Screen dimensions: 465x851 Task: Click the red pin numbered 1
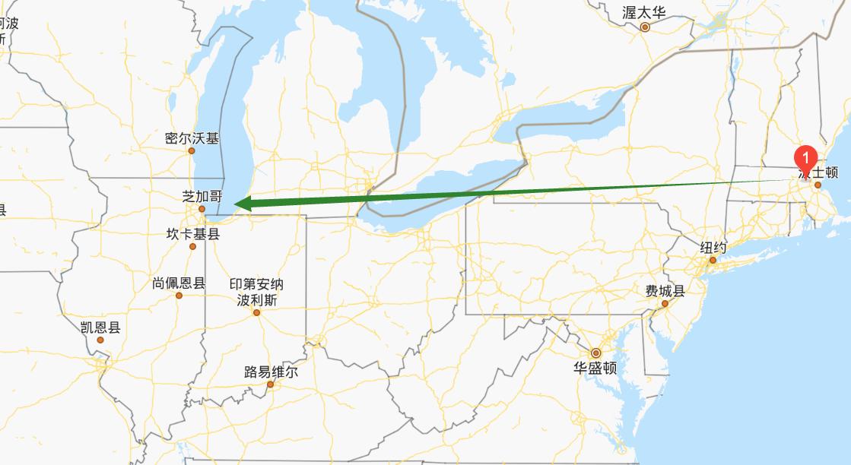[805, 157]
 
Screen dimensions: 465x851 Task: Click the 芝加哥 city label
[202, 195]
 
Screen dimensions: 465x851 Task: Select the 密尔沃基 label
[192, 138]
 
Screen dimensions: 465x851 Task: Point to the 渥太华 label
[643, 13]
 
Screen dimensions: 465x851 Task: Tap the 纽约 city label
[713, 248]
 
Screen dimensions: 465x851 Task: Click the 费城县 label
[665, 291]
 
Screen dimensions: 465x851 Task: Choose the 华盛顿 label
[595, 369]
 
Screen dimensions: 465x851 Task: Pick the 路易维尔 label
[271, 372]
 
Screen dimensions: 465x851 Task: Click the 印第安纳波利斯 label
[256, 292]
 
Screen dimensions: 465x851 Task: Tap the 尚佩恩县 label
[179, 283]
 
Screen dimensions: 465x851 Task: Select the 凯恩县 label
[100, 327]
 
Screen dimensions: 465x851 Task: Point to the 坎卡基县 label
[192, 234]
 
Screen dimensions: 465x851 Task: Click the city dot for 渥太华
[645, 27]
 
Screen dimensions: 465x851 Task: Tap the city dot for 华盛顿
[595, 353]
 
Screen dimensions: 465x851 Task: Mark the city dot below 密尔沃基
[192, 150]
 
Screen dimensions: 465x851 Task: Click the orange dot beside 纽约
[713, 261]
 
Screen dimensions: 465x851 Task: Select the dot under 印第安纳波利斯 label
[256, 312]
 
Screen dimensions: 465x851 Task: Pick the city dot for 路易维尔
[270, 384]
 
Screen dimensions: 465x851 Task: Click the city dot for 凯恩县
[100, 340]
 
